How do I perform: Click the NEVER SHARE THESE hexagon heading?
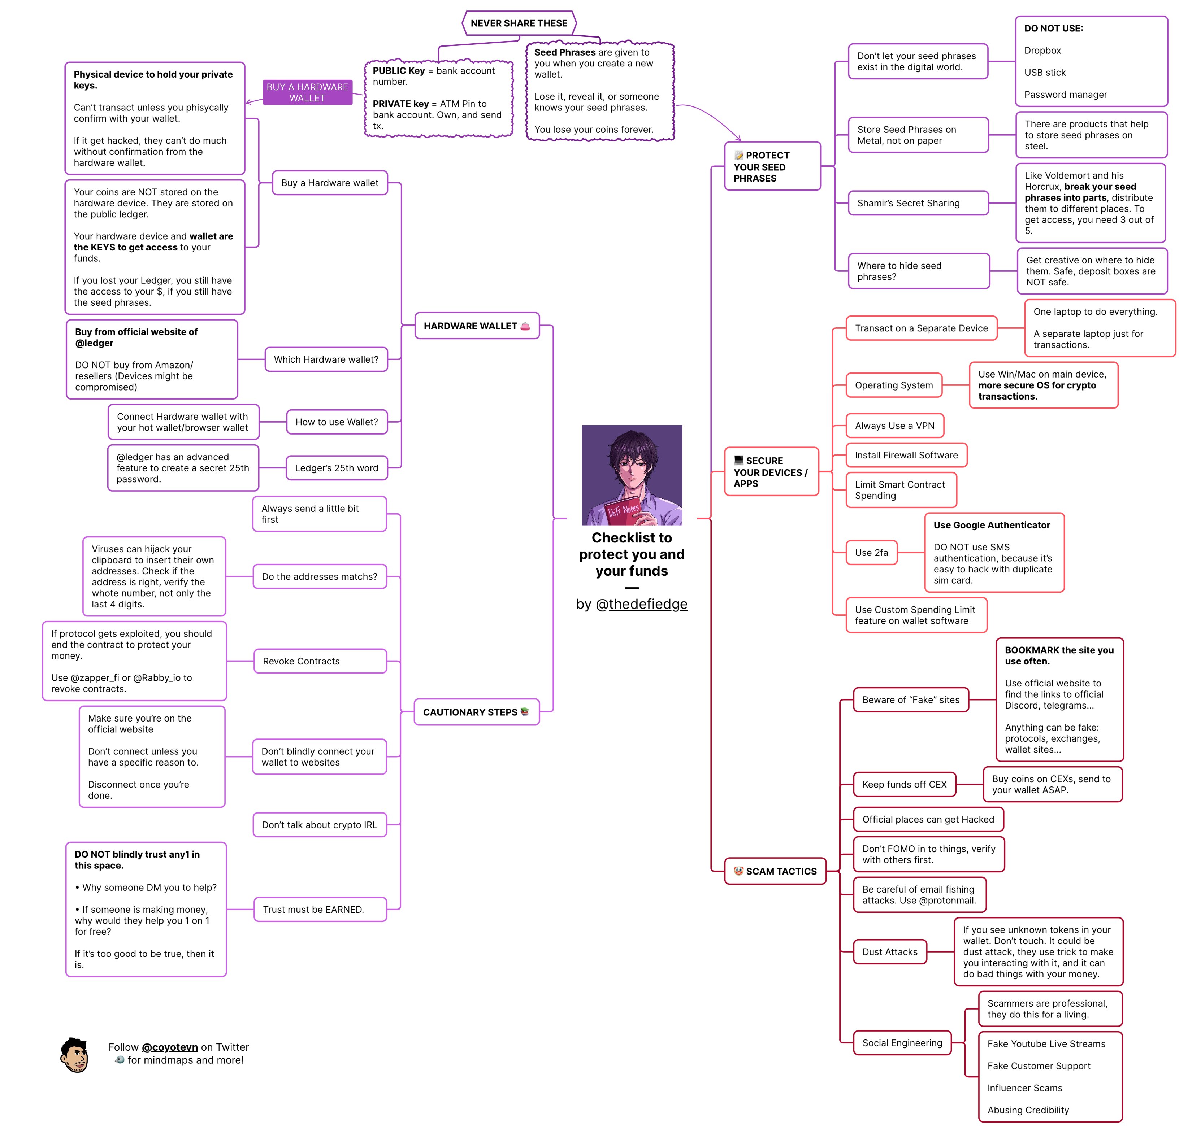click(x=519, y=23)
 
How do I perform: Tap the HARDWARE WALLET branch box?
click(x=477, y=326)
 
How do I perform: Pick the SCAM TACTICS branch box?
click(x=775, y=871)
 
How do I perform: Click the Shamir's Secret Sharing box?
click(x=918, y=203)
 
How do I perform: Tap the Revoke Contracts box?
click(x=320, y=661)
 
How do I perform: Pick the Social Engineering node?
click(x=902, y=1043)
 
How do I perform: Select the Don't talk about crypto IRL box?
click(x=320, y=825)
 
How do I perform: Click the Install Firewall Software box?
click(x=906, y=455)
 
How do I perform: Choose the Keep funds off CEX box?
click(x=905, y=784)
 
